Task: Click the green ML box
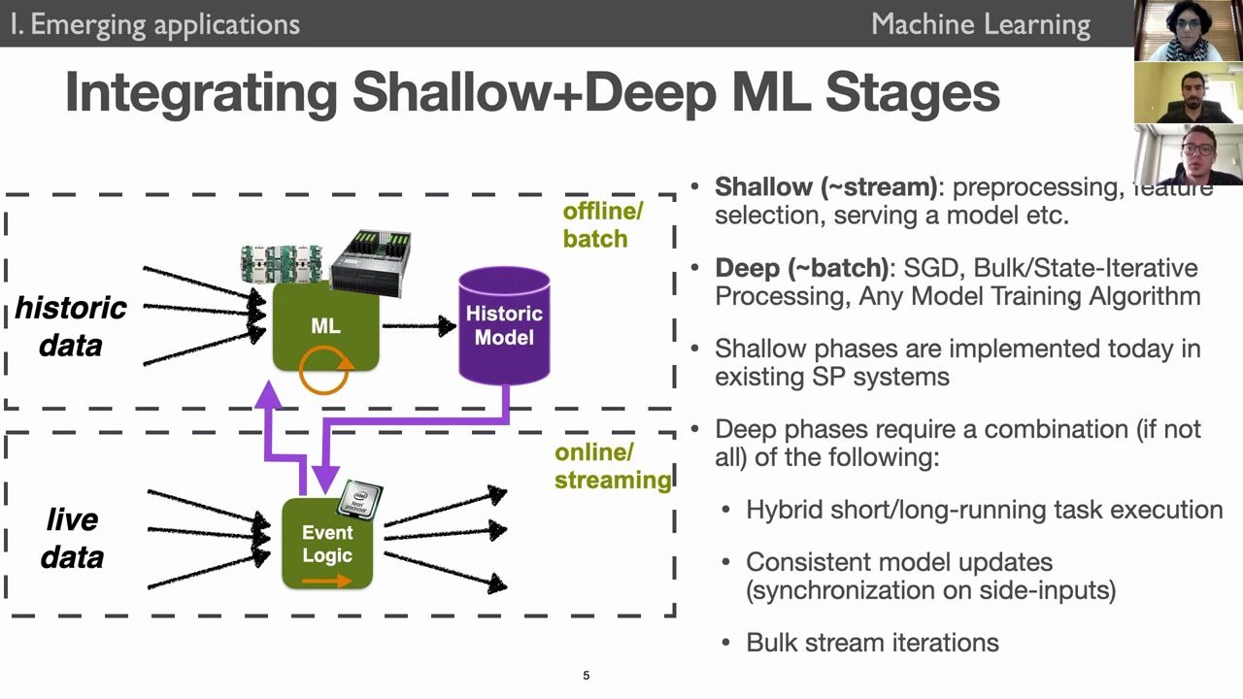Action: [325, 326]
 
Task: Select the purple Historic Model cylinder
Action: [504, 325]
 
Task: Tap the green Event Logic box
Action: [327, 544]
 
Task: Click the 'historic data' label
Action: [70, 326]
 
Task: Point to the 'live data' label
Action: [72, 538]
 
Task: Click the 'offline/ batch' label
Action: [602, 225]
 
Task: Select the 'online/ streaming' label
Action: [612, 466]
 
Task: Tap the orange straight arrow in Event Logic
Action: [326, 582]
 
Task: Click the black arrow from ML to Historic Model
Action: [419, 326]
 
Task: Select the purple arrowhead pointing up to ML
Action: [268, 393]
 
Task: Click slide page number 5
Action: [586, 676]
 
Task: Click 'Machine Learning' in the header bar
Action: [981, 24]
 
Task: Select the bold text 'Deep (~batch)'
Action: [801, 268]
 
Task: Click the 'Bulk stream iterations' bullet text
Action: [872, 643]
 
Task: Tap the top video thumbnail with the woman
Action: [1188, 31]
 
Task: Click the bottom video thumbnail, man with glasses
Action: [1188, 154]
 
